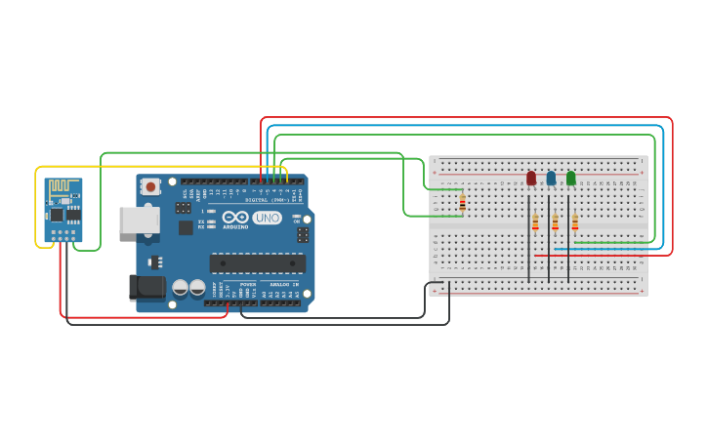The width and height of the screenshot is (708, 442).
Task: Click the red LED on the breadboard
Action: tap(531, 179)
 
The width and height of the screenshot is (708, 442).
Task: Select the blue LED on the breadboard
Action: tap(551, 179)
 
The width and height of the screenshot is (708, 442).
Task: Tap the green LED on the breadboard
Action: tap(571, 179)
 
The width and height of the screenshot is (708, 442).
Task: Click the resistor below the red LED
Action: tap(535, 221)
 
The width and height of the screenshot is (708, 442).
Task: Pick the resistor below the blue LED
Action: tap(555, 221)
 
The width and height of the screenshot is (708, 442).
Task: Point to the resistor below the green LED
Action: tap(574, 221)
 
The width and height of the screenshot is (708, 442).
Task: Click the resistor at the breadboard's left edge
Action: tap(462, 202)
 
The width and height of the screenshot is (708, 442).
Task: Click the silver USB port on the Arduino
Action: tap(139, 220)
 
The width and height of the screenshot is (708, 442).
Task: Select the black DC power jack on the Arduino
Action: tap(146, 287)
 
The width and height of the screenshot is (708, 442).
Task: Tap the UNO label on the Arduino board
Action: tap(267, 218)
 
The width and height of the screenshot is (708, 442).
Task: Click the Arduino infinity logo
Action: tap(235, 218)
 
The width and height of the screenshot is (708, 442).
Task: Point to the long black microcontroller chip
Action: tap(257, 263)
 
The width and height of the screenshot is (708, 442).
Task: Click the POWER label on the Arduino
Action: tap(247, 284)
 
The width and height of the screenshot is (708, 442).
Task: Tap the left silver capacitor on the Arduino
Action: tap(181, 288)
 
